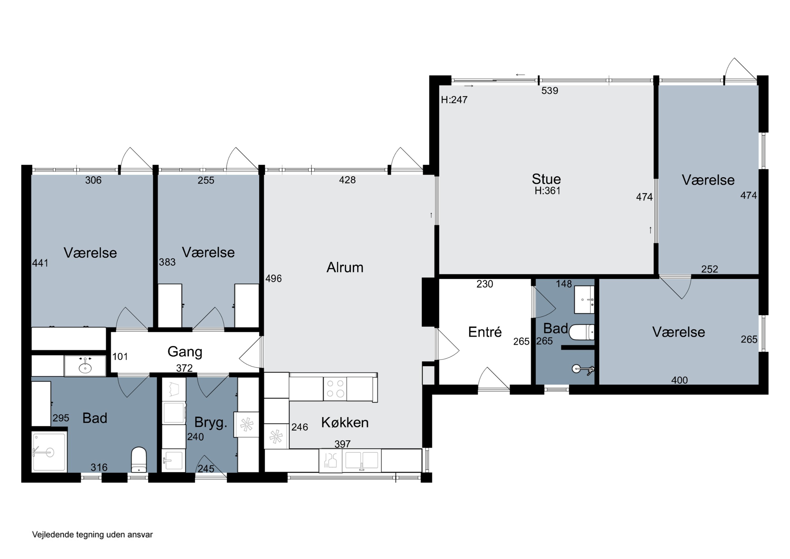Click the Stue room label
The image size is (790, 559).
(x=546, y=179)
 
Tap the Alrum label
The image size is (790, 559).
(x=345, y=267)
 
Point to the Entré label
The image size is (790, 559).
(x=485, y=332)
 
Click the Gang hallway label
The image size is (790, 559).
(x=185, y=352)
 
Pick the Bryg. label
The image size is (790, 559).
(x=211, y=422)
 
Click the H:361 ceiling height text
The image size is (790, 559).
(x=547, y=191)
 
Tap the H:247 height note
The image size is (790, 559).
(x=454, y=100)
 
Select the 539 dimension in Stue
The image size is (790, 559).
(x=550, y=91)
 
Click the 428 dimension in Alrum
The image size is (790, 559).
(x=347, y=180)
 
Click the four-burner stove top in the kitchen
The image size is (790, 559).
(x=335, y=388)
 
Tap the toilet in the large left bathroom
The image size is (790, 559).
(x=139, y=459)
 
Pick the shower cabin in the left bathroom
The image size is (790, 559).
(x=49, y=452)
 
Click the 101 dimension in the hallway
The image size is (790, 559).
(x=120, y=357)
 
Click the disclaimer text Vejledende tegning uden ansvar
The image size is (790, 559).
(x=92, y=534)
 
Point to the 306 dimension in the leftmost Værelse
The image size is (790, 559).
(x=93, y=180)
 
